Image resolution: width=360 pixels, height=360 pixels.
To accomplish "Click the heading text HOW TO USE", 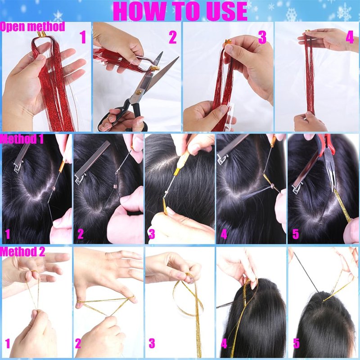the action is coord(180,11).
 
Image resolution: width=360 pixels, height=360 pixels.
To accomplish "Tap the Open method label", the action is coord(32,27).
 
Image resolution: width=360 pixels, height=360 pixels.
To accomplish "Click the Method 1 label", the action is coord(22,139).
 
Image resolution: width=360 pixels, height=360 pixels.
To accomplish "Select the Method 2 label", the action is coord(22,252).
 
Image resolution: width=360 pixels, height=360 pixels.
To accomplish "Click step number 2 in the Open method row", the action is coord(173,37).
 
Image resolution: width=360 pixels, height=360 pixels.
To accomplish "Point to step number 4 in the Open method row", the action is coord(350,37).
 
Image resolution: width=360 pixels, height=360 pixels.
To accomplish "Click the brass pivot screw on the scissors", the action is coord(138,93).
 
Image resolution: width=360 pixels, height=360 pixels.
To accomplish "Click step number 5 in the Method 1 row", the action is coord(296,234).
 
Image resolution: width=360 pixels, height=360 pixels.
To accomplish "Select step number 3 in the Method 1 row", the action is coord(152,234).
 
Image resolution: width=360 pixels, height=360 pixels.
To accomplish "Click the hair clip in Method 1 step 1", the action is coord(22,156).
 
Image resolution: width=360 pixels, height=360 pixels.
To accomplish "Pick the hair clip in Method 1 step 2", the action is coord(92,162).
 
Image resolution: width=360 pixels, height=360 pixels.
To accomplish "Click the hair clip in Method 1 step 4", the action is coord(231,149).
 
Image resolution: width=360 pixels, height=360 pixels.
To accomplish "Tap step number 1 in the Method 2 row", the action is coord(8,344).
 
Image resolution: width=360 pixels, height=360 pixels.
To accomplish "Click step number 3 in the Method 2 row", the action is coord(152,344).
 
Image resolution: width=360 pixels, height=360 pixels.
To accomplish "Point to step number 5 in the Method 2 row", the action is coord(296,344).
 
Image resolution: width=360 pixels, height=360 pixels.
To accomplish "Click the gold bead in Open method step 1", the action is coord(41,34).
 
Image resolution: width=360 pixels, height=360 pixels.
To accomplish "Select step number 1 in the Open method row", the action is coord(83,37).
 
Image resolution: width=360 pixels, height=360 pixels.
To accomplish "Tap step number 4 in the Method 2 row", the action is coord(224,344).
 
